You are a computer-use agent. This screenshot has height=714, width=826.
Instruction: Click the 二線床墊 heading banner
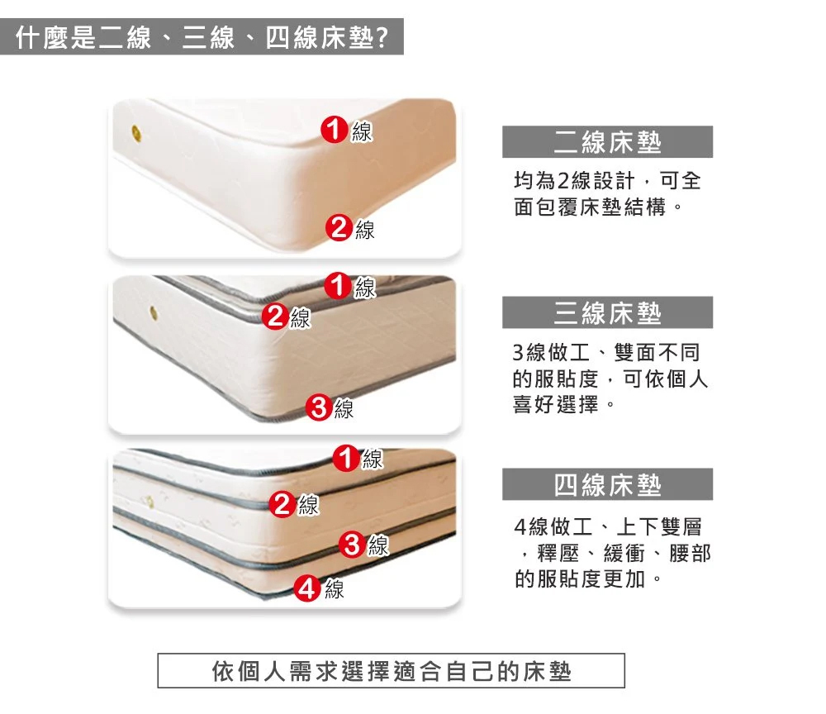tap(607, 142)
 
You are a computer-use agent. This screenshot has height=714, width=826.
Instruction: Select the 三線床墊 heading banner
tap(607, 312)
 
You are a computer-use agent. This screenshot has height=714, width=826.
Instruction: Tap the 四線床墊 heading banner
tap(607, 484)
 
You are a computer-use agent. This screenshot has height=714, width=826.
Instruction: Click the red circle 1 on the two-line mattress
tap(335, 130)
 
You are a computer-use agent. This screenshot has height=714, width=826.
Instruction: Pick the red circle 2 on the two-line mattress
tap(339, 227)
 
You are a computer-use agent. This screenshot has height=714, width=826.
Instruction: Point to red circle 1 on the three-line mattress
tap(338, 286)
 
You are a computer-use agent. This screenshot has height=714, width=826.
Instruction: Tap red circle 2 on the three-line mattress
tap(276, 317)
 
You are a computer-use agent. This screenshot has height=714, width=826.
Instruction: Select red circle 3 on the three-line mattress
tap(319, 407)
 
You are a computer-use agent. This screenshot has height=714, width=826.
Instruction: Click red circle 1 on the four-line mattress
tap(346, 457)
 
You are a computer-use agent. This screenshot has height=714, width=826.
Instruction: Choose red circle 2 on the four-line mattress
tap(282, 504)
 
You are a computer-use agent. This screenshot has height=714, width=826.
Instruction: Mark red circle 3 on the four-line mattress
tap(352, 545)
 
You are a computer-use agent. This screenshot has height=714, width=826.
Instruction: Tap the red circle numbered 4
tap(307, 588)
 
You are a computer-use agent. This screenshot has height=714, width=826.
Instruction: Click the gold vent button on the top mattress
tap(136, 133)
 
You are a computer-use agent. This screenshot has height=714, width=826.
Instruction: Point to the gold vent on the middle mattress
tap(154, 312)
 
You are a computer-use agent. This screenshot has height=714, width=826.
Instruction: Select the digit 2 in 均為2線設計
tap(563, 181)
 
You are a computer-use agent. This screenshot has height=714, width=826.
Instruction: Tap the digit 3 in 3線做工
tap(519, 353)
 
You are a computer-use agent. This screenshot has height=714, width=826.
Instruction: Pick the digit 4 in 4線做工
tap(520, 526)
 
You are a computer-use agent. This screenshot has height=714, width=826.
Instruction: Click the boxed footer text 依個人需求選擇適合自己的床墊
tap(392, 671)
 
